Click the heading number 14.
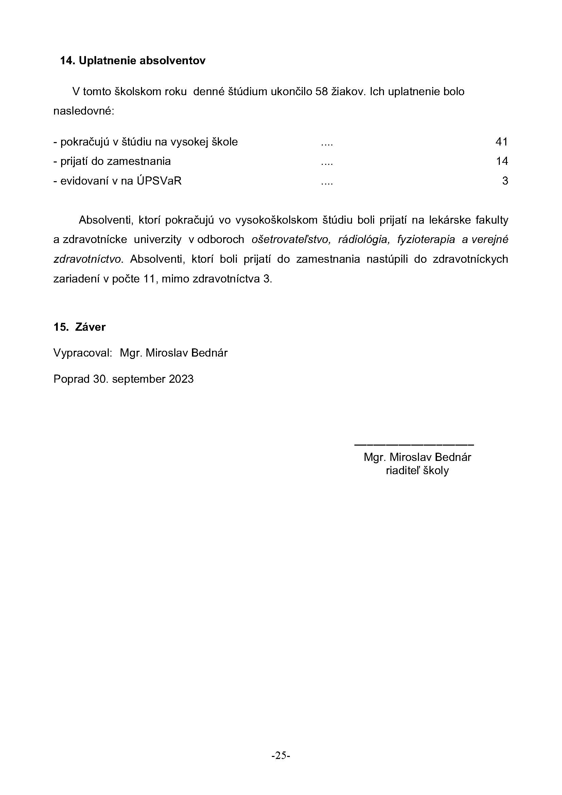(x=68, y=61)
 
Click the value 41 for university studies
(x=502, y=142)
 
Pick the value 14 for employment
(x=502, y=161)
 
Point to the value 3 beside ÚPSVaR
(x=505, y=181)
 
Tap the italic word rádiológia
(x=364, y=240)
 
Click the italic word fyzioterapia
(x=426, y=240)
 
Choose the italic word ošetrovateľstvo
(x=291, y=240)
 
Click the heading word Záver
(x=90, y=327)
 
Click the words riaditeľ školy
(x=417, y=470)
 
